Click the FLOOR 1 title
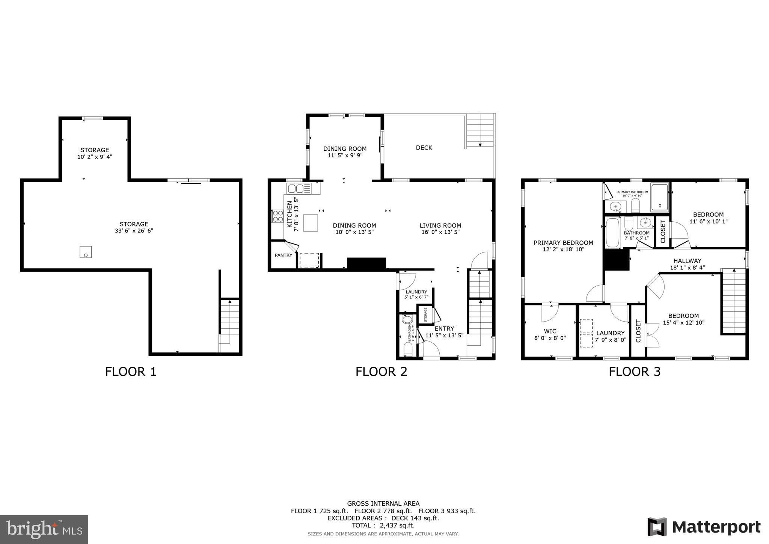(130, 372)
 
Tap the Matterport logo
(704, 527)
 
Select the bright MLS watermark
(44, 529)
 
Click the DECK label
(424, 148)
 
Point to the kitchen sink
(299, 188)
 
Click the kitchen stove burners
(278, 216)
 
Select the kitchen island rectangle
(311, 222)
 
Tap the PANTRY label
(283, 255)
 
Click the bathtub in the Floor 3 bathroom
(612, 233)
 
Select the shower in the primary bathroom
(660, 196)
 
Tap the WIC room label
(550, 331)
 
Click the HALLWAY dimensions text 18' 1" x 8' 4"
(687, 267)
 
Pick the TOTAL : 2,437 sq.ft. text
(383, 525)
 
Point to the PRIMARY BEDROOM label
(563, 243)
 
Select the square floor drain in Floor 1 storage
(86, 252)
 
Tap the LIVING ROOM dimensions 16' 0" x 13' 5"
(440, 232)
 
